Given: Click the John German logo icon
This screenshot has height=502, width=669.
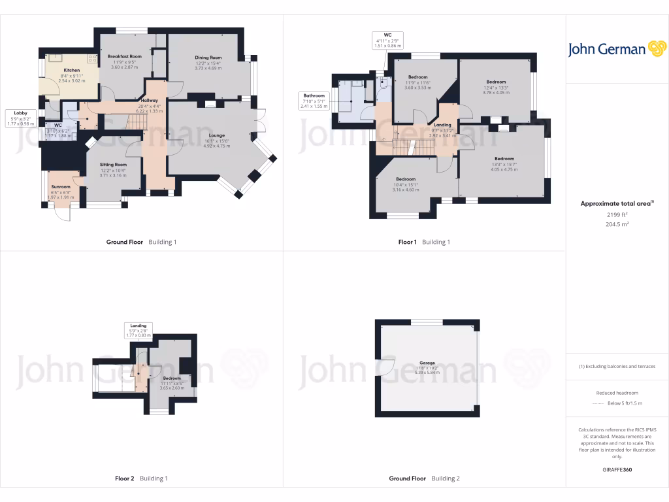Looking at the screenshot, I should click(x=656, y=49).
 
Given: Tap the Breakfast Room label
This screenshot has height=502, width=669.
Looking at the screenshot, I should click(x=125, y=57).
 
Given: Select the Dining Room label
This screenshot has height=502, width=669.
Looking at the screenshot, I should click(x=208, y=58).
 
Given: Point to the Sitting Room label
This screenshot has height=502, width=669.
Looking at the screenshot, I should click(x=112, y=165).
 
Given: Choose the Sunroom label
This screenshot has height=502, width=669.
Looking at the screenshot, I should click(x=61, y=187).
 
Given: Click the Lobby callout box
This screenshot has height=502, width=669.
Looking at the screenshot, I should click(x=20, y=118).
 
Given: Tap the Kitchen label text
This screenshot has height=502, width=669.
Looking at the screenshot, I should click(x=71, y=70).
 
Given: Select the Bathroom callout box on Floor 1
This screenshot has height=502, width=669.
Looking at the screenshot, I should click(x=313, y=101).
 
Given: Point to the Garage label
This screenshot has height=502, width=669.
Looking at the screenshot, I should click(x=427, y=363).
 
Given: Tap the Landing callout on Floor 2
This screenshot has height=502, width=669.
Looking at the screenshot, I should click(x=139, y=330).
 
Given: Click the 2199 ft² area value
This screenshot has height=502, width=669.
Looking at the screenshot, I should click(x=617, y=214).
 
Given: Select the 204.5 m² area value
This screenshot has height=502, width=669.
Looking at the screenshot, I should click(x=617, y=224).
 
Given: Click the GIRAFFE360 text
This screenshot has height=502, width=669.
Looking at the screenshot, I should click(x=617, y=470).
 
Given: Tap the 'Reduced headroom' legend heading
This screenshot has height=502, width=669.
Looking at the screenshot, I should click(x=617, y=393).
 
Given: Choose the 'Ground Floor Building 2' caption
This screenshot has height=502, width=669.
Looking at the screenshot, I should click(x=424, y=478).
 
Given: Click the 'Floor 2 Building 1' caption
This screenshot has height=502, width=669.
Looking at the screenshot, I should click(x=141, y=478).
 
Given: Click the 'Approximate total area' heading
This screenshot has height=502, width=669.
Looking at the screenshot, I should click(x=616, y=203).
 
